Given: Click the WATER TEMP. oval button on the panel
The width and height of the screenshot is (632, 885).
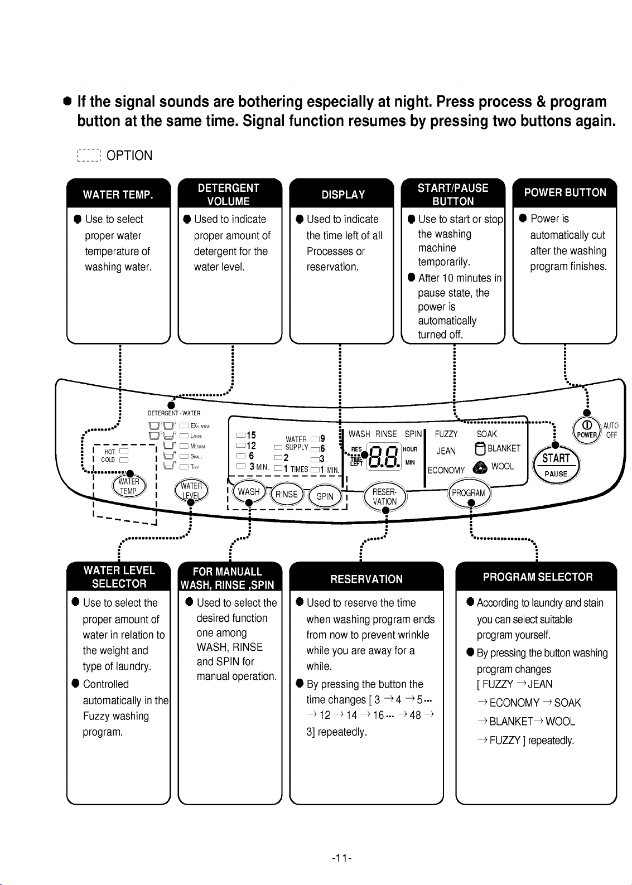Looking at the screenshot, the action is click(129, 486).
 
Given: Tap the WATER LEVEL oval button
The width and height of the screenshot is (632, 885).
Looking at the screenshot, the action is click(191, 491).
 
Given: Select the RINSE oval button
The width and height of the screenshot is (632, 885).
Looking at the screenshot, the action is click(287, 494).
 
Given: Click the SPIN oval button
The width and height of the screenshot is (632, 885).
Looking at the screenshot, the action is click(325, 496).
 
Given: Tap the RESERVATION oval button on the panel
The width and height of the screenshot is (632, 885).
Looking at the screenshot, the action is click(384, 497).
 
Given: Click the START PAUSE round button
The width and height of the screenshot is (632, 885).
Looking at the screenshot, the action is click(556, 465).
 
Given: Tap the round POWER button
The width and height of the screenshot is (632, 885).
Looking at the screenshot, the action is click(587, 431).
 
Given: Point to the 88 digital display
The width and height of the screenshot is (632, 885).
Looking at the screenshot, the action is click(384, 456).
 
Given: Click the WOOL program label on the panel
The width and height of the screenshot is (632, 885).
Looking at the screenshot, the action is click(503, 466).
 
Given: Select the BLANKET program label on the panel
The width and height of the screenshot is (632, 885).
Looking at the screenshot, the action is click(504, 448).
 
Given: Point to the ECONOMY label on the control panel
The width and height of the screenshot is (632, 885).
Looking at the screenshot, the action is click(446, 470).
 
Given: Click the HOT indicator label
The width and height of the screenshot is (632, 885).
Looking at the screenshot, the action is click(110, 452).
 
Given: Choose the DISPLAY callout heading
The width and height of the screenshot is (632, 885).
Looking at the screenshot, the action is click(343, 195).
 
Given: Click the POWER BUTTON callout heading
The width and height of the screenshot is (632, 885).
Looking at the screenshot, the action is click(565, 192).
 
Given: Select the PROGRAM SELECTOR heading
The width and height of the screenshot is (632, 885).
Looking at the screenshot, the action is click(538, 577).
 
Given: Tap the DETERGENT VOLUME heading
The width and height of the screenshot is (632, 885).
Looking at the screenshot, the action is click(229, 195).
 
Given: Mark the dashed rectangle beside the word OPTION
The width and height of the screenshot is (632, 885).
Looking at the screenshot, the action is click(89, 156).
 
